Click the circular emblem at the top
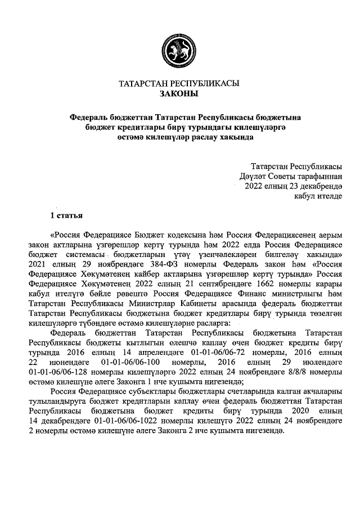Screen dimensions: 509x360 pyautogui.click(x=179, y=49)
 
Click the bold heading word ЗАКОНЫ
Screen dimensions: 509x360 pyautogui.click(x=179, y=93)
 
